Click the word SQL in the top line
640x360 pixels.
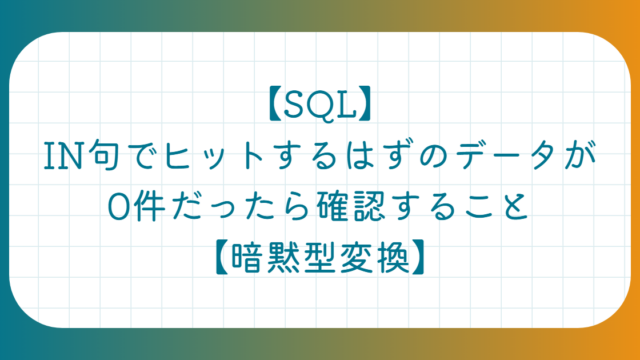320,104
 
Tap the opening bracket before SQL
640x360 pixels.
275,104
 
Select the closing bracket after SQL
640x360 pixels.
364,104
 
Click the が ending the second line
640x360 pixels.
580,155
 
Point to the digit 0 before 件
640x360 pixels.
117,207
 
